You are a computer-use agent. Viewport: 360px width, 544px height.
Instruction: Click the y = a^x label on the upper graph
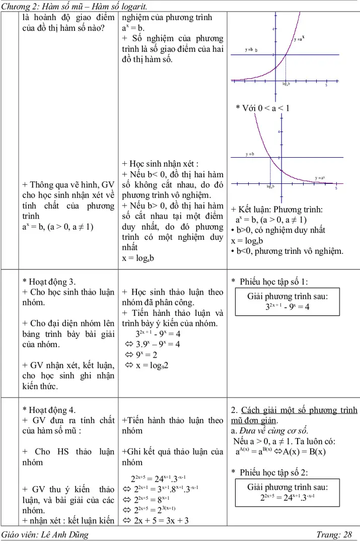[x=299, y=38]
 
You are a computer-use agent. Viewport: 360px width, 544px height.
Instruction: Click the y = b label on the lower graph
[x=250, y=154]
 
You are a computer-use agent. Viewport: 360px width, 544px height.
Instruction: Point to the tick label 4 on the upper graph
[x=273, y=29]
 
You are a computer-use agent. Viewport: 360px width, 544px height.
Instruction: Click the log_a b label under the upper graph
[x=286, y=84]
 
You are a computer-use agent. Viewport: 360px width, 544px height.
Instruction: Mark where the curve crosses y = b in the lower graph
[x=271, y=157]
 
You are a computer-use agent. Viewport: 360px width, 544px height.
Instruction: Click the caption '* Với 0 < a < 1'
[x=262, y=108]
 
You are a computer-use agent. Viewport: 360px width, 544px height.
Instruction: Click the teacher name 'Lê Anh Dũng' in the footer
[x=66, y=535]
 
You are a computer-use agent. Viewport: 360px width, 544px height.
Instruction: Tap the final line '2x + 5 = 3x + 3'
[x=156, y=520]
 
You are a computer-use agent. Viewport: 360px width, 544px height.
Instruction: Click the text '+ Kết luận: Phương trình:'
[x=277, y=209]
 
